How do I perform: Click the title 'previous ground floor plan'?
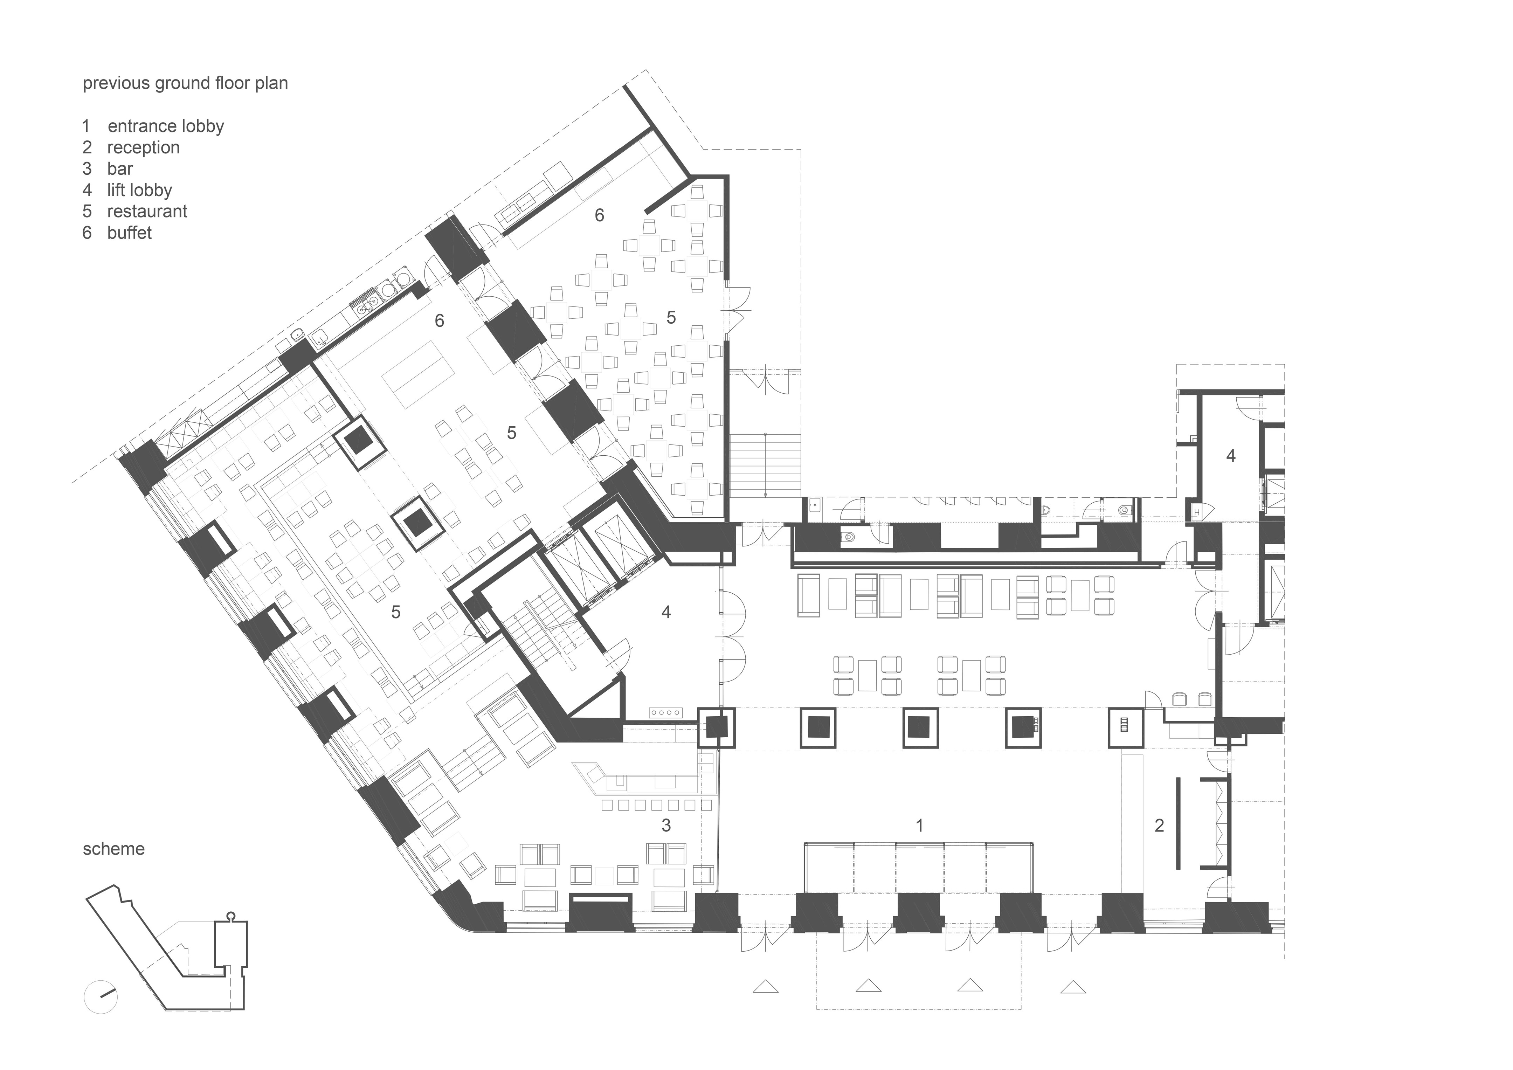pos(185,84)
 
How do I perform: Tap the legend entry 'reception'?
pos(143,147)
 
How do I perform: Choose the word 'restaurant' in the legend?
pos(147,212)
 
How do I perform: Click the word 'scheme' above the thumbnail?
pos(113,849)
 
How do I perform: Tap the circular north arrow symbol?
pos(101,997)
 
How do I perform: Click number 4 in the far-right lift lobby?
pos(1230,455)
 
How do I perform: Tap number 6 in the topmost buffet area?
pos(599,215)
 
